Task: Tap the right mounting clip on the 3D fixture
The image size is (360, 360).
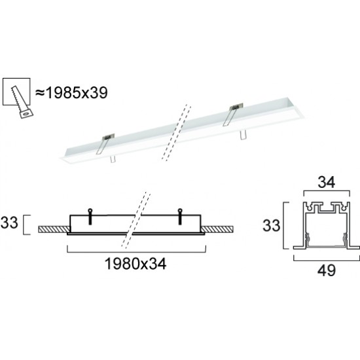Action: (x=234, y=114)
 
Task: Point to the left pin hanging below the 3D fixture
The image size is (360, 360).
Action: (x=113, y=159)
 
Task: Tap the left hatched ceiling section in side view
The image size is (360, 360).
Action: (x=52, y=229)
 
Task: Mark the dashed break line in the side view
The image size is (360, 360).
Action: (x=137, y=216)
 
